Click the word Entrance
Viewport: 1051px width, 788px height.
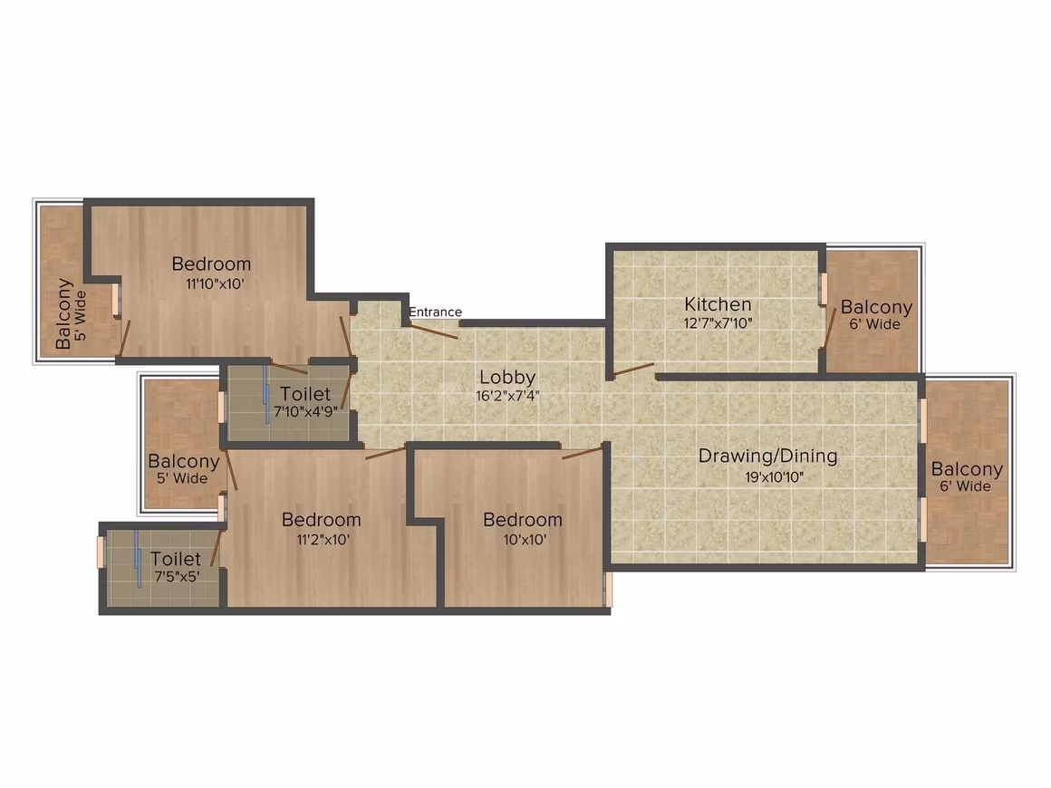pos(435,312)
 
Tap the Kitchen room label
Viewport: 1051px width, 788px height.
pos(718,304)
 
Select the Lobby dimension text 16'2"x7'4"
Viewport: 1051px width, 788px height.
pos(507,396)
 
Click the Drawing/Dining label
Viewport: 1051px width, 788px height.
pos(768,456)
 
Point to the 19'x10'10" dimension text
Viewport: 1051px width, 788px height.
pos(774,477)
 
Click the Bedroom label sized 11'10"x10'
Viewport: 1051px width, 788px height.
pos(211,264)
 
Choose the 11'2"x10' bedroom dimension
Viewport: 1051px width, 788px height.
pos(323,540)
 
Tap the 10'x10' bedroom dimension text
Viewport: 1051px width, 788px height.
pos(525,540)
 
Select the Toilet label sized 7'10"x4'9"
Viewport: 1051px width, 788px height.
pos(305,394)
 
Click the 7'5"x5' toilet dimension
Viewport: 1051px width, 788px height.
pos(177,577)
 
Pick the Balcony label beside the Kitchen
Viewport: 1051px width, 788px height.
pos(877,308)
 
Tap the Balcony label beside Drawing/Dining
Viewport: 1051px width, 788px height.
pos(968,470)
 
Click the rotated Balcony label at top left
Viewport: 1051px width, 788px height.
pos(63,313)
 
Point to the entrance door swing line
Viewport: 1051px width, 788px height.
pos(434,331)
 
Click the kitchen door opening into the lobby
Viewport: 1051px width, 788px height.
pos(633,370)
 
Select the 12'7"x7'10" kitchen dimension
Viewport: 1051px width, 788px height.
pos(718,323)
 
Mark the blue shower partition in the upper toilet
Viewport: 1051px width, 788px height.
pos(266,395)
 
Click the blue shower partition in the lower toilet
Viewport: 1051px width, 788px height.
pos(138,560)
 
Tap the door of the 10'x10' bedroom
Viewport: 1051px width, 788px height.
pos(582,454)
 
